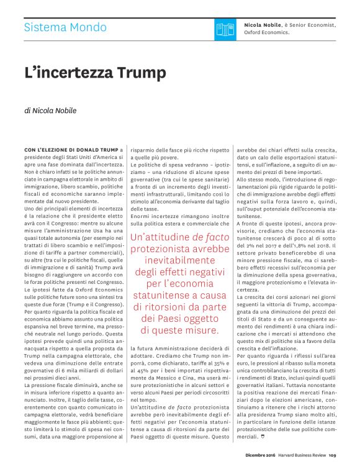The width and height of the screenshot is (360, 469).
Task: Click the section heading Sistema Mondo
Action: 65,27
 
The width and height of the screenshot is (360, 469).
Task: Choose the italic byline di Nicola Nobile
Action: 50,111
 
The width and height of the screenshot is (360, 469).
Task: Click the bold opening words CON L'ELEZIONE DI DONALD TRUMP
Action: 71,150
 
